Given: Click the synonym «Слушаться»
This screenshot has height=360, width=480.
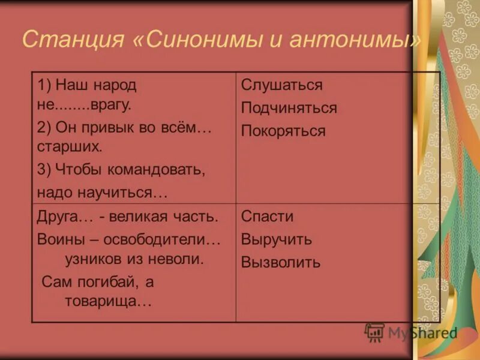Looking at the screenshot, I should coord(281,85).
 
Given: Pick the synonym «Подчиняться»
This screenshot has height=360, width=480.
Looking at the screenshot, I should coord(289,108).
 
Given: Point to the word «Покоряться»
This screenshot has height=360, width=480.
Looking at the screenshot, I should coord(283,131).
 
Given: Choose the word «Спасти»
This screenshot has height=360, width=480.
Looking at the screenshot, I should coord(267,217).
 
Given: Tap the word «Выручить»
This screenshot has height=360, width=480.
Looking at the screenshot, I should coord(276,239).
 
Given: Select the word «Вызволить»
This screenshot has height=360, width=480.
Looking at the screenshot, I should coord(280,262).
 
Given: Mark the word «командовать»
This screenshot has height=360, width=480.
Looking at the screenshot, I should coord(157,170).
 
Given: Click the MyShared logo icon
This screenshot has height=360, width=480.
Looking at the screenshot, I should coord(374,332).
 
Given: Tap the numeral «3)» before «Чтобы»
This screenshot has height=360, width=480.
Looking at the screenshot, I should coord(44,170).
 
